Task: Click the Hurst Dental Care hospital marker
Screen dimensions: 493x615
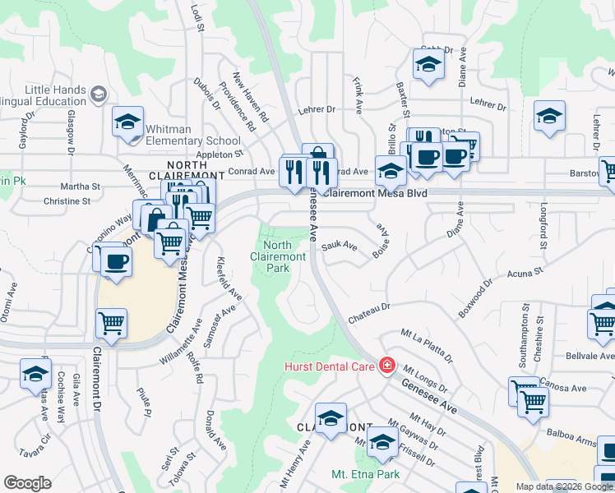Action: tap(387, 366)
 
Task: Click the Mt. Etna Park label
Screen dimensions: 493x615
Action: tap(365, 474)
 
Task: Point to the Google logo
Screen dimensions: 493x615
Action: tap(27, 482)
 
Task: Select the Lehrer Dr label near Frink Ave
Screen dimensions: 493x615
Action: tap(318, 108)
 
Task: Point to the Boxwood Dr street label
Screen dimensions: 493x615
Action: tap(476, 301)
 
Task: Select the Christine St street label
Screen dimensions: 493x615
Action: tap(67, 200)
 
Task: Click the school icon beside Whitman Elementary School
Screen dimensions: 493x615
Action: tap(128, 124)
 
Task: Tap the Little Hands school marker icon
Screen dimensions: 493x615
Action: tap(99, 94)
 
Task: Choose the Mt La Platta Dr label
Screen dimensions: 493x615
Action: tap(427, 346)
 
